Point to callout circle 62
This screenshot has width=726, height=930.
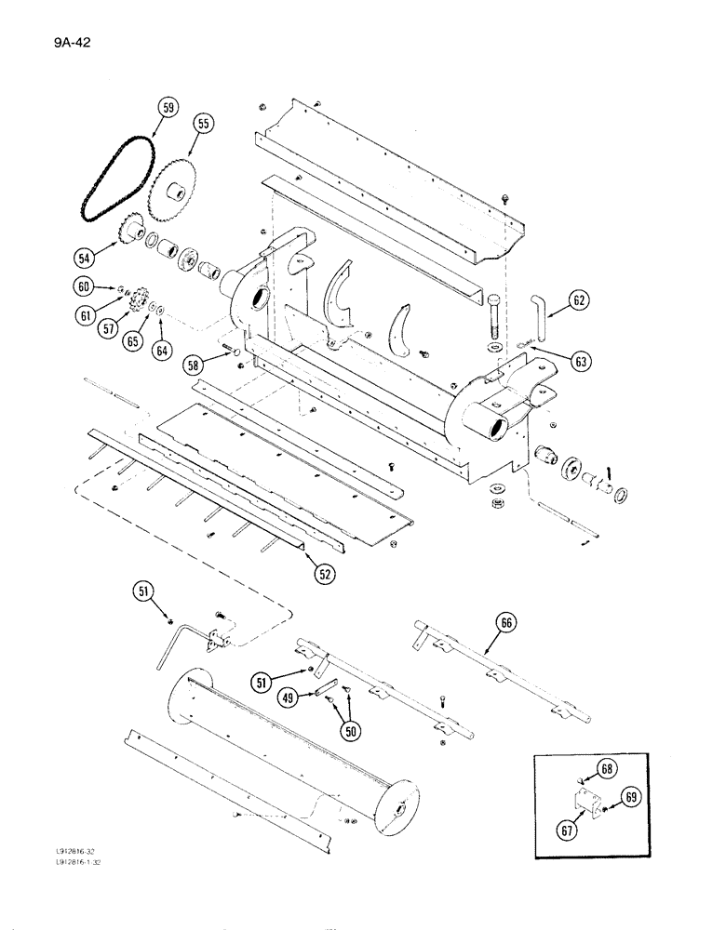pyautogui.click(x=579, y=300)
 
